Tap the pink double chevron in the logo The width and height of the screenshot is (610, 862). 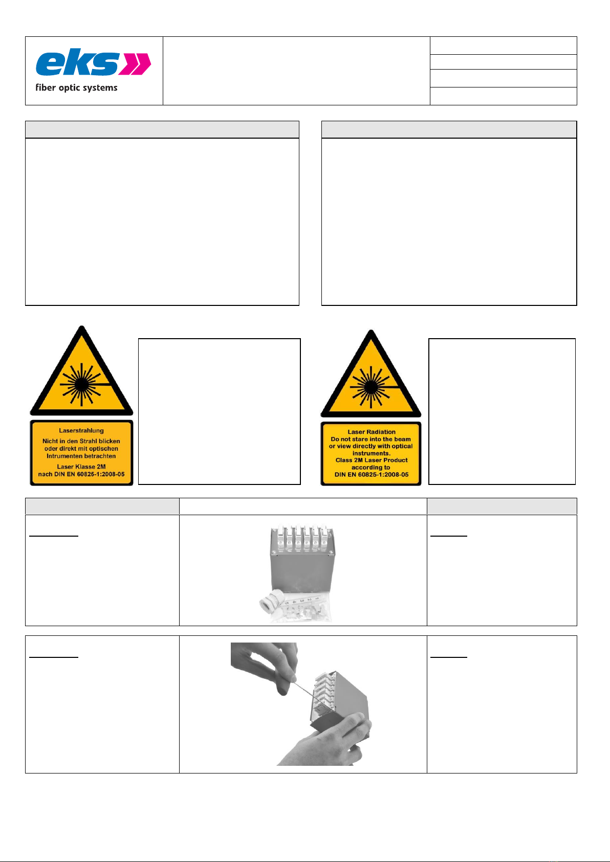point(135,64)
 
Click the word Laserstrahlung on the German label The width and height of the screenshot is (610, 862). point(81,431)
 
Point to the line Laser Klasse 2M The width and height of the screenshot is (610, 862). point(81,467)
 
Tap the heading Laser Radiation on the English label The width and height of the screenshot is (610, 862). point(372,432)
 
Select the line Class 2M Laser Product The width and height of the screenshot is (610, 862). point(372,460)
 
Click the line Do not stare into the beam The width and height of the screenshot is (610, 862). point(371,439)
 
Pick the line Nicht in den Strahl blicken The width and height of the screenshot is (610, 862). point(81,441)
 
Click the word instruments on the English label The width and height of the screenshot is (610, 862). point(372,453)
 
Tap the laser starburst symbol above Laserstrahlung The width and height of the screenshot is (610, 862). point(81,384)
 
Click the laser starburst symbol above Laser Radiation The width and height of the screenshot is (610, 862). point(371,386)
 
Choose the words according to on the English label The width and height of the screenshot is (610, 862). point(371,467)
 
